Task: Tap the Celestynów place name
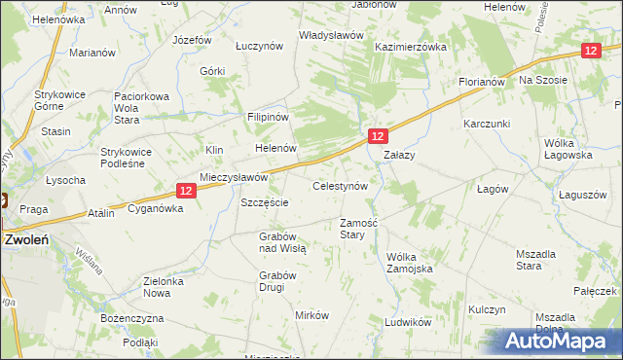[339, 185]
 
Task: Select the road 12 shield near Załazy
[379, 137]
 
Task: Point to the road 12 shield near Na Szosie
[591, 51]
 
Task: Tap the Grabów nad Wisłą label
[282, 242]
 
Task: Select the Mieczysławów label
[233, 177]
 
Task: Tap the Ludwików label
[408, 321]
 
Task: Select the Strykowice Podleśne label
[128, 158]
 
